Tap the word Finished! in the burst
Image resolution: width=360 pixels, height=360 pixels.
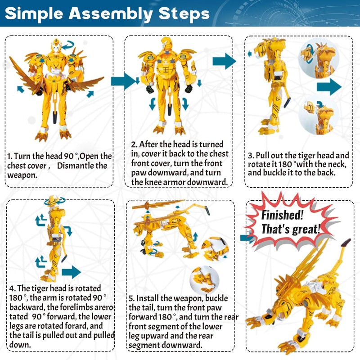(282, 215)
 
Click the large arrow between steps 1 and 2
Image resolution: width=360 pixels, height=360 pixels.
(123, 81)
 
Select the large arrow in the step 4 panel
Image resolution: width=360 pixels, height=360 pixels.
(72, 272)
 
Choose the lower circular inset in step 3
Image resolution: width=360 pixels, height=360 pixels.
(316, 117)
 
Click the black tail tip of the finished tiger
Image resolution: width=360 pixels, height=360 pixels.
(346, 242)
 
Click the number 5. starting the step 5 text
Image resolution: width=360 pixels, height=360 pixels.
(131, 298)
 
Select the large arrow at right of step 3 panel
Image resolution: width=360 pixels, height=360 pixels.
(329, 86)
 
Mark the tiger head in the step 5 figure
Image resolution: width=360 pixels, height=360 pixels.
(141, 227)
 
